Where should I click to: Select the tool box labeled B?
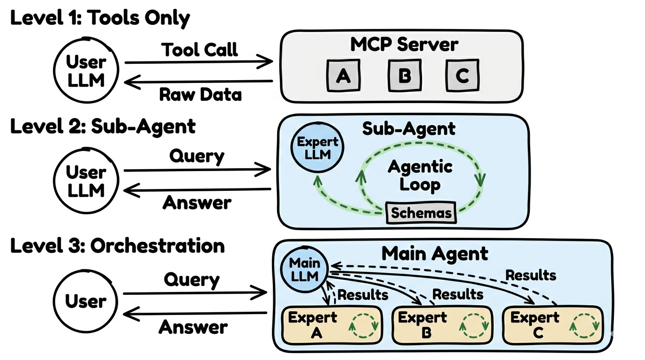(404, 75)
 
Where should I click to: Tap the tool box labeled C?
(462, 75)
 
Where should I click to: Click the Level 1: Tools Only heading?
(100, 18)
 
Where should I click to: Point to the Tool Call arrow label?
(200, 49)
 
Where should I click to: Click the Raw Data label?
(200, 94)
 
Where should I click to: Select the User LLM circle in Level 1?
(86, 71)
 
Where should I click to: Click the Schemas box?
(421, 213)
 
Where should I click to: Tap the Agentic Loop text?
(420, 175)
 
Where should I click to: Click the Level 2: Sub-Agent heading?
(103, 126)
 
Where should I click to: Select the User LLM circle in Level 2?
(86, 181)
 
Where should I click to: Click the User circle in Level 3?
(86, 301)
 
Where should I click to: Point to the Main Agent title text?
(435, 254)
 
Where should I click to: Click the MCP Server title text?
(404, 45)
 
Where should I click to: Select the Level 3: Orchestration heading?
(117, 246)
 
